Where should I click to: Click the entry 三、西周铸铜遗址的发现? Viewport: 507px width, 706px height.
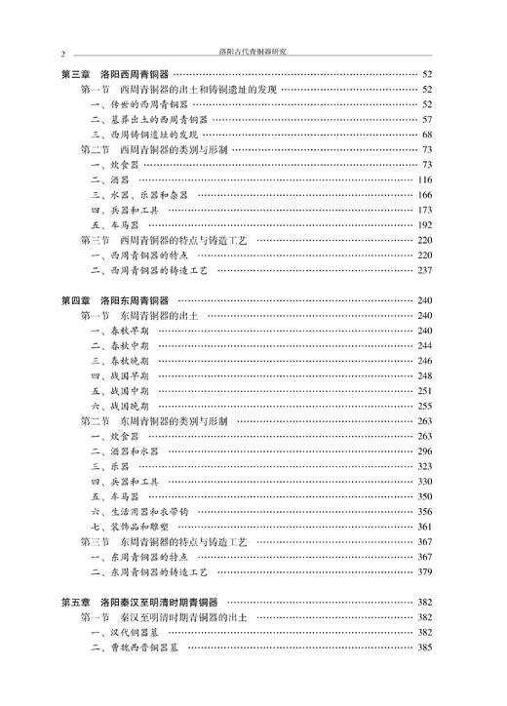(145, 135)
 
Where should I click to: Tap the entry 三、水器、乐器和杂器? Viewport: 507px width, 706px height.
(141, 195)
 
